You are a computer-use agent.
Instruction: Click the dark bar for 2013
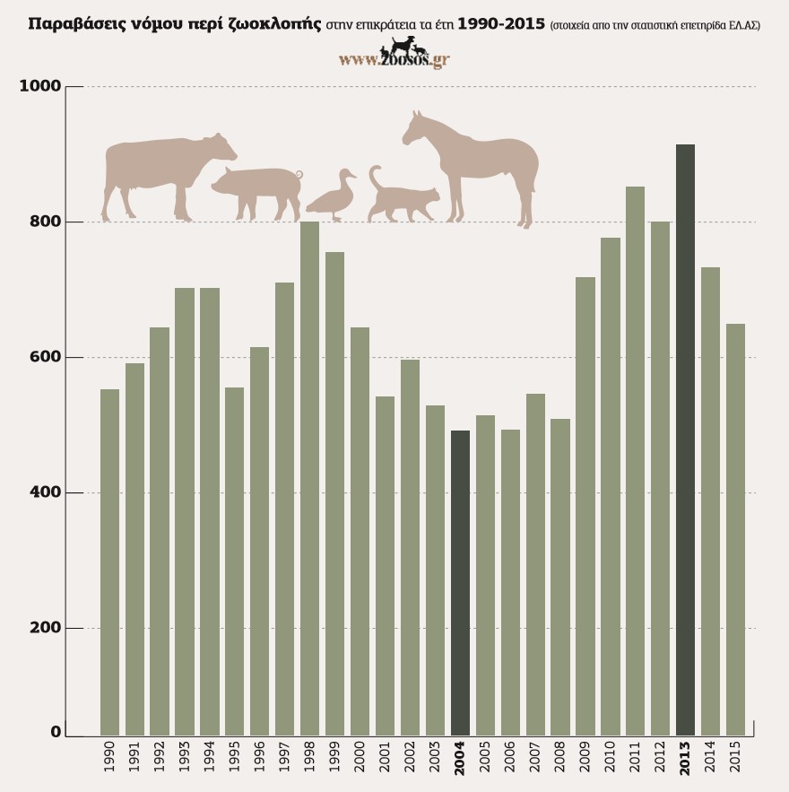pos(685,440)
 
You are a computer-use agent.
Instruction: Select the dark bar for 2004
pos(460,583)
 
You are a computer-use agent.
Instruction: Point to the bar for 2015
pos(735,529)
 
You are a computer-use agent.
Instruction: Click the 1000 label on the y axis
pos(39,86)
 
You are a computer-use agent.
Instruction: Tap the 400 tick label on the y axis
pos(45,492)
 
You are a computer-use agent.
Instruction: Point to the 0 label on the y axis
pos(56,732)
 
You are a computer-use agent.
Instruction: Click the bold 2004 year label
pos(460,758)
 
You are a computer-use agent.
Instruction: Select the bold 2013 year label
pos(685,758)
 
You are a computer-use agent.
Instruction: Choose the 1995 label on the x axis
pos(235,759)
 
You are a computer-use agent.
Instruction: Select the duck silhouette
pos(332,197)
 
